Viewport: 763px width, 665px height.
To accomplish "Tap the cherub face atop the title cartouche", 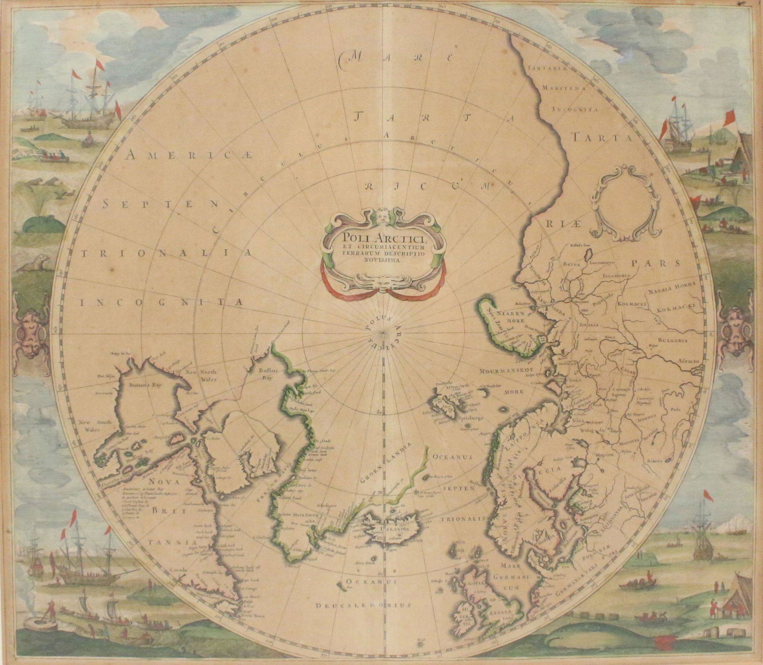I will click(x=383, y=216).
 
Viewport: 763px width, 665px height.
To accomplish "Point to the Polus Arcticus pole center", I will click(x=384, y=330).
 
